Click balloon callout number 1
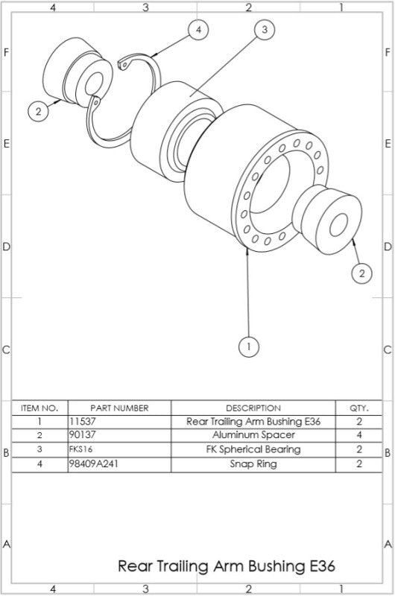point(248,346)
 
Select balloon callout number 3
point(263,30)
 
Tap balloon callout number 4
point(197,30)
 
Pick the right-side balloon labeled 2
point(361,273)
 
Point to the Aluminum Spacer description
point(253,435)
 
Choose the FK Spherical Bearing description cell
point(253,449)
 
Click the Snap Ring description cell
point(253,463)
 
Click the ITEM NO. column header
point(39,408)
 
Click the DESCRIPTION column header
point(253,408)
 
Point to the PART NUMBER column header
point(119,408)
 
